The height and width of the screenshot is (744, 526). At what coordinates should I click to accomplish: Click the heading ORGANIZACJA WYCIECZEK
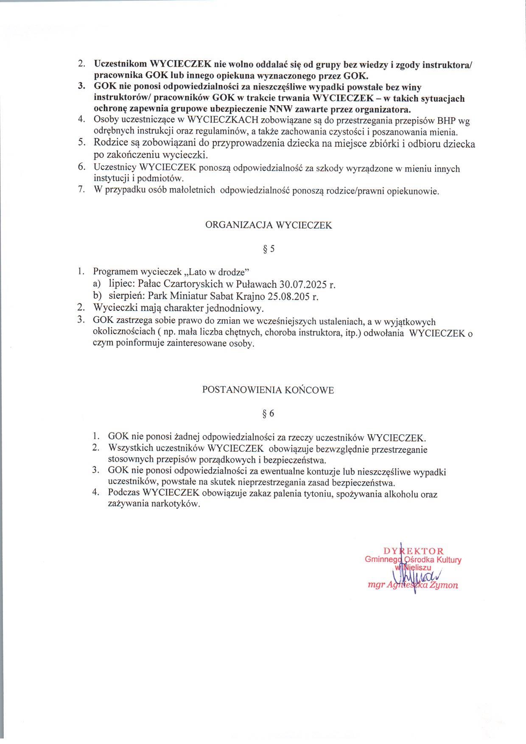(x=269, y=226)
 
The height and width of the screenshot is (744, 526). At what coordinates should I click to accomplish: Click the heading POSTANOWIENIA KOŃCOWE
(x=268, y=390)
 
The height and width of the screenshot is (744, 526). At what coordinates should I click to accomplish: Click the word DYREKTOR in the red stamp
(x=414, y=551)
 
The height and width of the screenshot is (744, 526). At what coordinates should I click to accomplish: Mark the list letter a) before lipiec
(x=97, y=284)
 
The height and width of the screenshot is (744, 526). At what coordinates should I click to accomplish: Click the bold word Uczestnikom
(x=120, y=65)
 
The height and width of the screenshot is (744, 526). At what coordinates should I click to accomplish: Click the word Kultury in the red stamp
(x=448, y=560)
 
